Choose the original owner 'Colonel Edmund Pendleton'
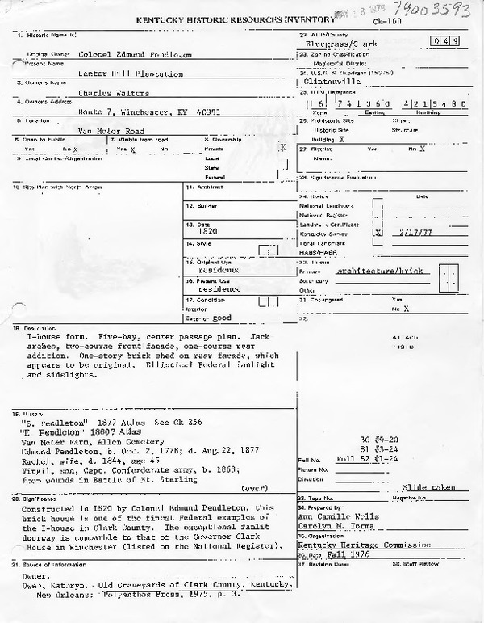click(136, 53)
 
